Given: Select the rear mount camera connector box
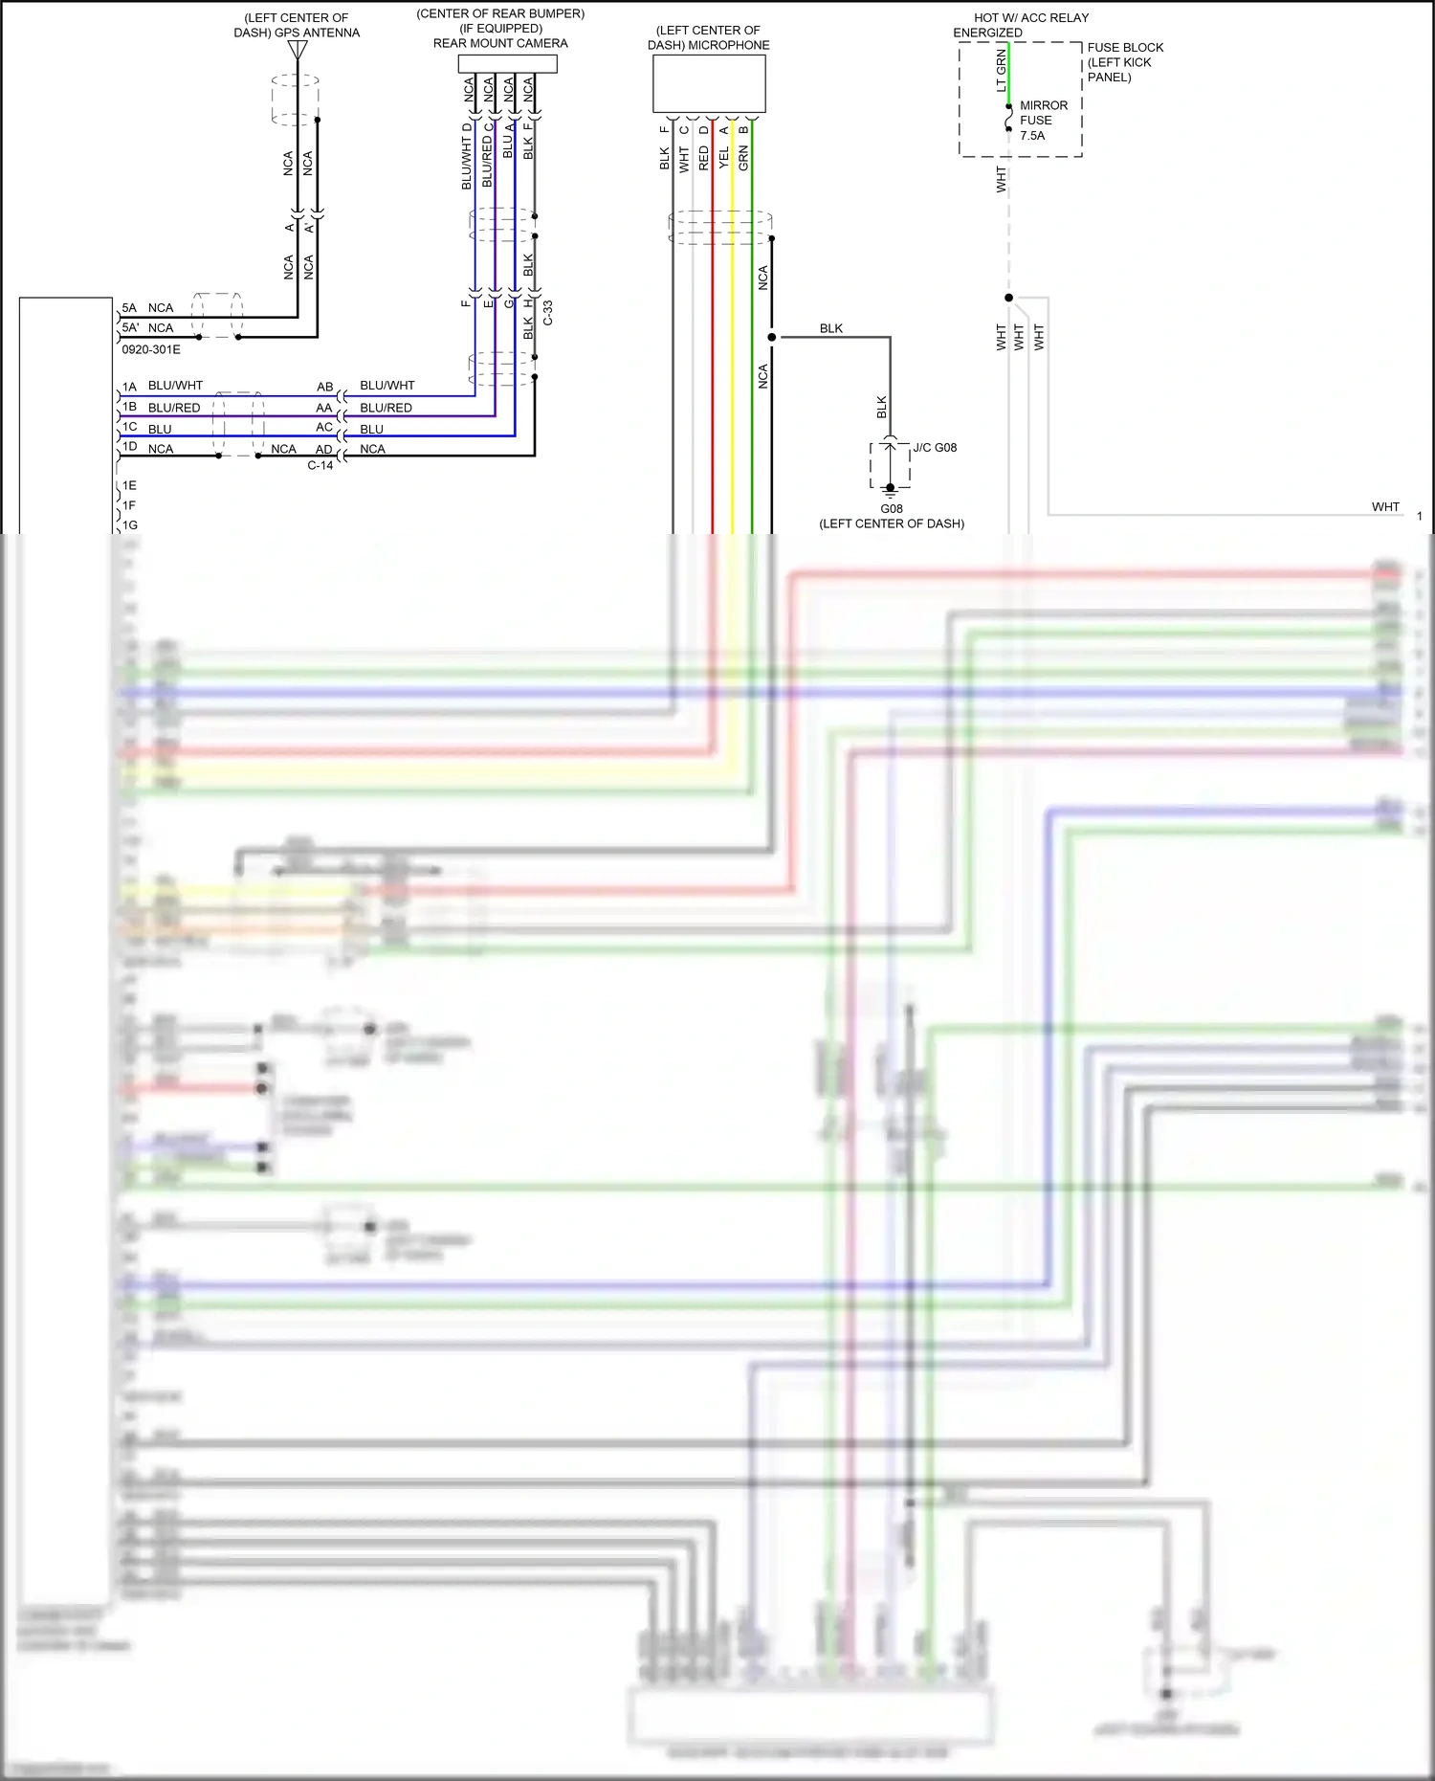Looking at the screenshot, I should [x=507, y=63].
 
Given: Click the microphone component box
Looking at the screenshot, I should [x=709, y=84].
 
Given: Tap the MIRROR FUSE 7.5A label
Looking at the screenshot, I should [x=1042, y=121].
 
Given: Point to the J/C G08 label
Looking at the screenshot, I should [x=935, y=447].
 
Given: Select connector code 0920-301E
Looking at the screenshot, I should [x=151, y=349].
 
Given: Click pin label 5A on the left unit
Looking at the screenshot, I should [x=129, y=308].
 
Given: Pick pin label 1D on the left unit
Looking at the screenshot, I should [x=129, y=447].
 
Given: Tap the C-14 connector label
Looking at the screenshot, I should [x=320, y=465].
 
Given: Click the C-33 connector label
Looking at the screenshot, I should [x=548, y=313].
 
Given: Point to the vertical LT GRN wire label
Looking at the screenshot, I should [x=1002, y=71].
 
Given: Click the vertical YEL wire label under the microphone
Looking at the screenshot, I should [x=724, y=158].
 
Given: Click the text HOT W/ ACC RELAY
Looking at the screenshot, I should [x=1031, y=18].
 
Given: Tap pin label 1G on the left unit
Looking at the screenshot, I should [x=130, y=525].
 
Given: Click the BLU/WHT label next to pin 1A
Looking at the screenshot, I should [x=176, y=386].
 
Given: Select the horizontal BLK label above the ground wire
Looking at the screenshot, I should [x=831, y=328].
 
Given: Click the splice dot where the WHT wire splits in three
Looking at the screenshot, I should [x=1008, y=298].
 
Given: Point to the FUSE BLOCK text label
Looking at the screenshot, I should [x=1125, y=48].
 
